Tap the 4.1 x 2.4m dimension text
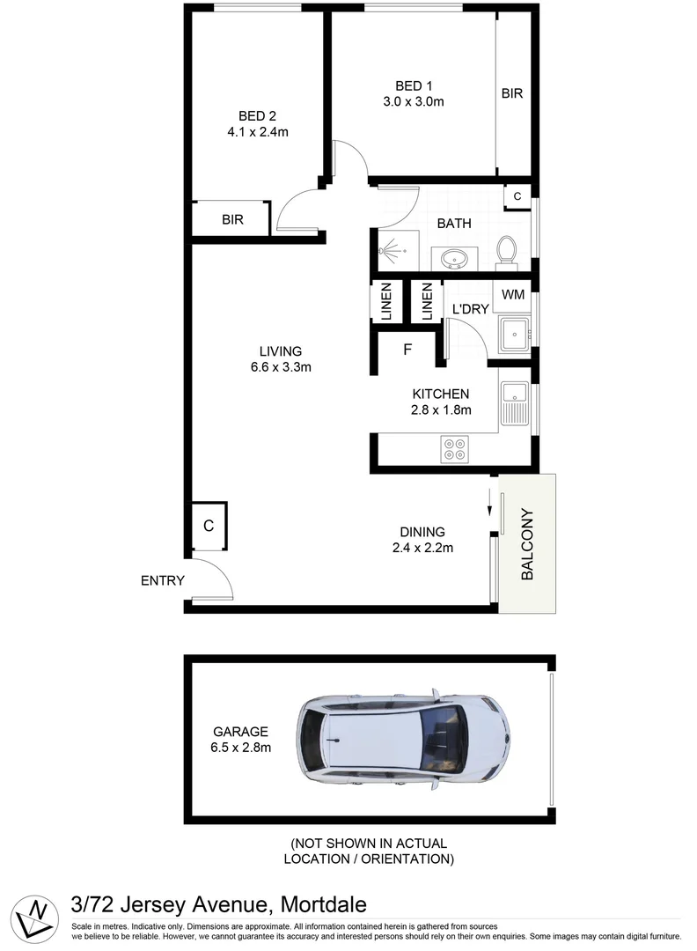point(257,132)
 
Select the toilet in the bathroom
point(506,249)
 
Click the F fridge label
point(407,350)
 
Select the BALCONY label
point(528,544)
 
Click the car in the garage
point(403,736)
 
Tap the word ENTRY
point(163,580)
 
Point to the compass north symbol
point(36,914)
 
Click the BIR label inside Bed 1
point(512,92)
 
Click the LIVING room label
point(281,350)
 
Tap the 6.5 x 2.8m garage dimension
point(240,748)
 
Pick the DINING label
point(422,532)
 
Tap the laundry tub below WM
point(512,334)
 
